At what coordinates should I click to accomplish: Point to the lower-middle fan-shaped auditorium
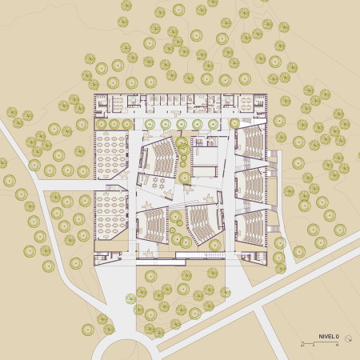(203, 225)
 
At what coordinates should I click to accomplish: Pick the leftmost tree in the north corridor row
(102, 124)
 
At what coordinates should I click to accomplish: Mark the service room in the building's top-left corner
(102, 103)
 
